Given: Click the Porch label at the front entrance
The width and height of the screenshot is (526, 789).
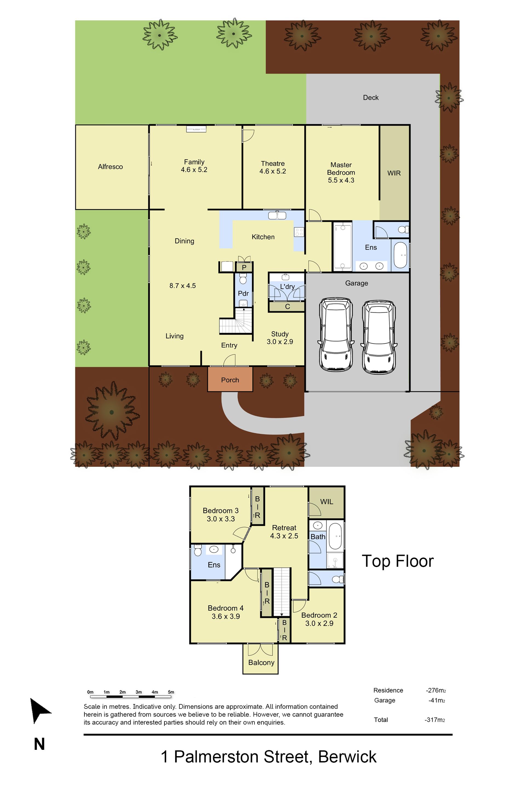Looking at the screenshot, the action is [x=230, y=380].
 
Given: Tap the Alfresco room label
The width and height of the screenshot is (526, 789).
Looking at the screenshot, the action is [x=110, y=167].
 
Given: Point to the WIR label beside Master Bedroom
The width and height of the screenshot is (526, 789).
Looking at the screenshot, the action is [x=394, y=173].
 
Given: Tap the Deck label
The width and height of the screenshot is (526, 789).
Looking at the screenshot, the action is [x=371, y=98].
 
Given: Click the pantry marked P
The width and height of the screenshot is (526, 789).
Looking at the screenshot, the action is [x=244, y=267].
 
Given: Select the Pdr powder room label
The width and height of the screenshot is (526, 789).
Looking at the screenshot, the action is [x=243, y=293].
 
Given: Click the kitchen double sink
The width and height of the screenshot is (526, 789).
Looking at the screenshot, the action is [x=277, y=215].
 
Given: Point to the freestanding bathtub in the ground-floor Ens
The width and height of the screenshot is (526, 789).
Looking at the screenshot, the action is [x=400, y=255].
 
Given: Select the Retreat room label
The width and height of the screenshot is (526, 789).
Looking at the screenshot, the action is [x=284, y=528].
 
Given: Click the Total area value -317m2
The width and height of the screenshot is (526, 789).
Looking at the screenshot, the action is [x=435, y=720].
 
